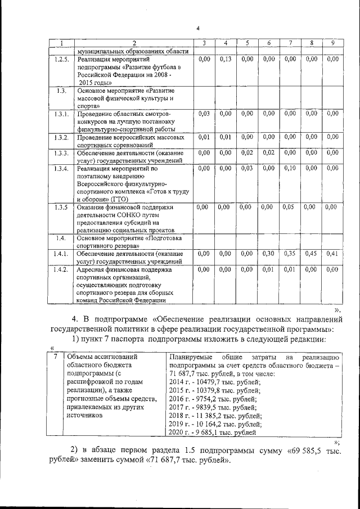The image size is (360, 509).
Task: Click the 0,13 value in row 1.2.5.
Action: tap(226, 59)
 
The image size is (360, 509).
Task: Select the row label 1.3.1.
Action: tap(62, 114)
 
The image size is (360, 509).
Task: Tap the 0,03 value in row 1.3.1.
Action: tap(204, 114)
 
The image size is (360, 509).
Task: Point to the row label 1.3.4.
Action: tap(62, 168)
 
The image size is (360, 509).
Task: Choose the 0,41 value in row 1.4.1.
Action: tap(332, 254)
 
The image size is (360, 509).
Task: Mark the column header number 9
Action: tap(332, 43)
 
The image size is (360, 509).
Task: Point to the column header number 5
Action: tap(246, 43)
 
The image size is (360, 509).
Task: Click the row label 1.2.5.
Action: tap(62, 59)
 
